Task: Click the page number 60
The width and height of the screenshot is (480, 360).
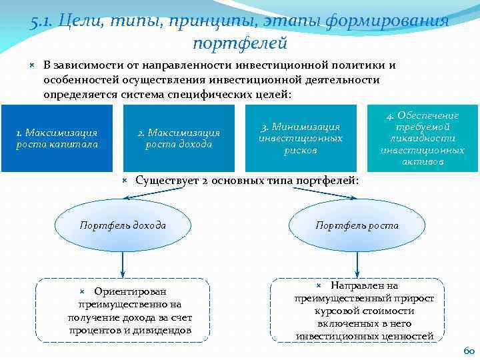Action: coord(468,351)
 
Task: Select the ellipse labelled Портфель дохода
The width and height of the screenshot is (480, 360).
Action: coord(122,225)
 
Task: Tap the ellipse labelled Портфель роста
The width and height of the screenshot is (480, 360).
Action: coord(357,225)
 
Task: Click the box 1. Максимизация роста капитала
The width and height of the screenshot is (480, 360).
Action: coord(57,138)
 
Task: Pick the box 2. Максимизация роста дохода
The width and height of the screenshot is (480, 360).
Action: coord(179,138)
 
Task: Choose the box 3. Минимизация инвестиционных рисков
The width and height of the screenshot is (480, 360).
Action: coord(300,138)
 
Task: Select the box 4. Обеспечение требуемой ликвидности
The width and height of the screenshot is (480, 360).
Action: coord(423,138)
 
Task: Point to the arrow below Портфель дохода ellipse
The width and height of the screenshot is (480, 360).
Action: coord(122,263)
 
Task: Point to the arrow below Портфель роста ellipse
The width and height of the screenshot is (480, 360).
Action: coord(357,263)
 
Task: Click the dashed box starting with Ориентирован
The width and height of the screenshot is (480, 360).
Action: coord(122,310)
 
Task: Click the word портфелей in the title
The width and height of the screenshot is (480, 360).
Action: coord(239,43)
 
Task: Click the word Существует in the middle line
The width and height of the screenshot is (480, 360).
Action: coord(167,181)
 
